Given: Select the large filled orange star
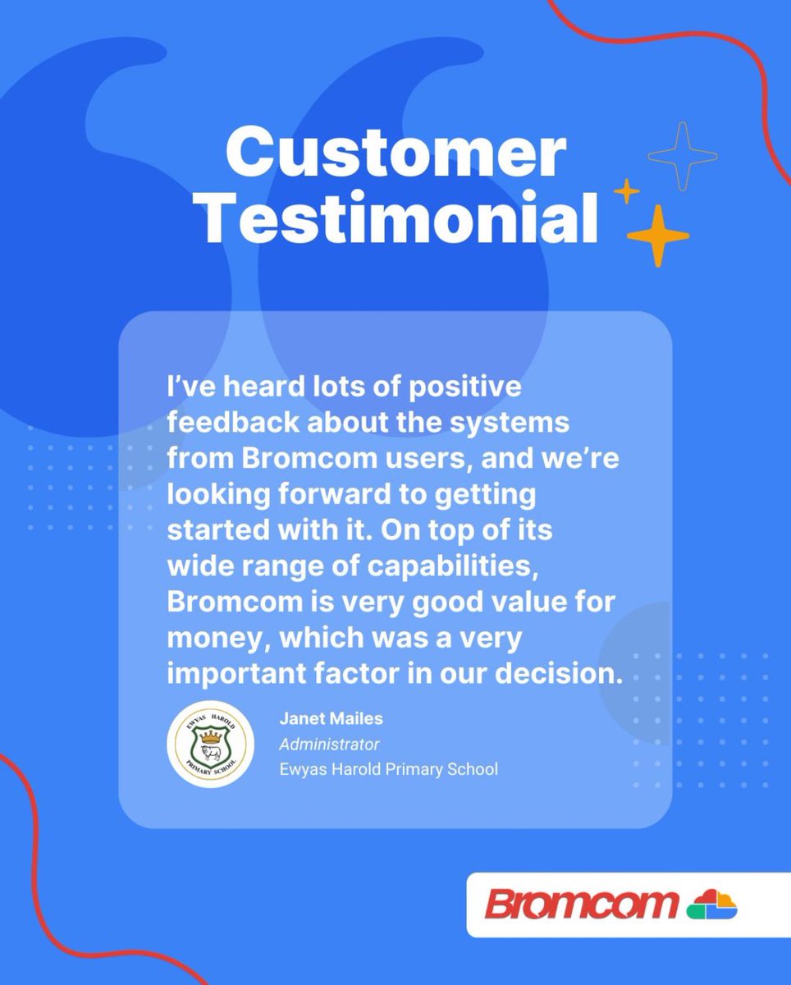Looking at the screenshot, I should click(x=657, y=236).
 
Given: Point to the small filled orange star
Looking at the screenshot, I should click(x=627, y=191).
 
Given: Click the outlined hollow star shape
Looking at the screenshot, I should click(x=682, y=156).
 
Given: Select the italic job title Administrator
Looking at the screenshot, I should click(x=329, y=744).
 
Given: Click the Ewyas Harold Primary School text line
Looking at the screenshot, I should click(x=388, y=770).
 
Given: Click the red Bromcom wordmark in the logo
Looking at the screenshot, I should click(x=581, y=905).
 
